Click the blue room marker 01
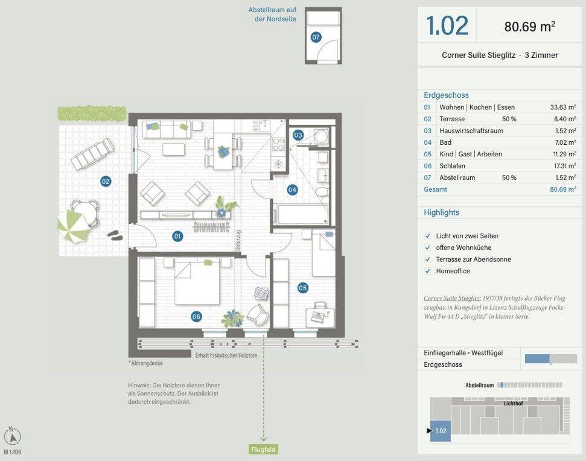pos(177,236)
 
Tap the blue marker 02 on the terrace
pos(106,182)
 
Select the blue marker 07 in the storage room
pos(316,37)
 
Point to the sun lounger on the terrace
pos(93,153)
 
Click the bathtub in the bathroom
pos(301,214)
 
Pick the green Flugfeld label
pos(264,450)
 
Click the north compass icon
pos(12,436)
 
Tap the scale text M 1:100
pos(13,452)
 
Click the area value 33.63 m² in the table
pos(563,107)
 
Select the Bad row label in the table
pos(445,142)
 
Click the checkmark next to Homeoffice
pos(427,271)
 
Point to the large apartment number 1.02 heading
pos(447,25)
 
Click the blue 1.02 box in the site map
pos(441,431)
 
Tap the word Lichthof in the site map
pos(513,404)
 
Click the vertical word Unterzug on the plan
pos(238,240)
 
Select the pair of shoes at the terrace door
pos(115,235)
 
